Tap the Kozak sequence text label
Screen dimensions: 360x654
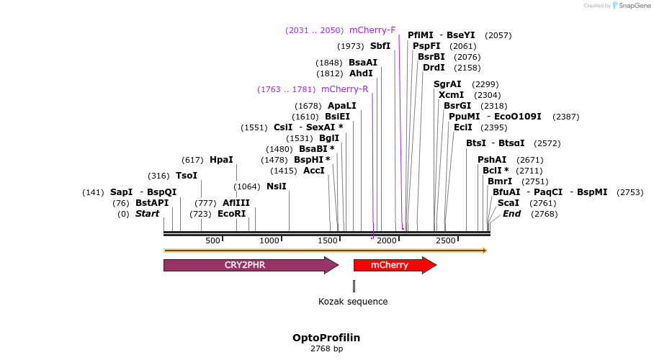coord(353,302)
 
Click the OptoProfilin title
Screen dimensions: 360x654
coord(326,338)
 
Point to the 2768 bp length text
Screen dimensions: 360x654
coord(326,349)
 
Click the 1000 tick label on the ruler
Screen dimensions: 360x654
coord(269,240)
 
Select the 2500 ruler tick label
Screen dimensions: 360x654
coord(446,240)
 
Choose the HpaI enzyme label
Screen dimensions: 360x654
coord(221,160)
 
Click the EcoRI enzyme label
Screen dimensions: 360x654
coord(232,214)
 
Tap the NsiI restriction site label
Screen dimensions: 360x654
coord(277,186)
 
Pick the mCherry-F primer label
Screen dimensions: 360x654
coord(372,30)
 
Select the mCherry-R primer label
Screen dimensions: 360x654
coord(344,89)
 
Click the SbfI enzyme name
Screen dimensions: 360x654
coord(380,46)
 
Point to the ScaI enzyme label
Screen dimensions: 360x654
coord(509,203)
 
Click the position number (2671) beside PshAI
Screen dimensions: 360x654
coord(531,160)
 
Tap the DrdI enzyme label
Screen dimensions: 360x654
coord(434,68)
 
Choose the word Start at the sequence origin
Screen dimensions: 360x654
coord(147,214)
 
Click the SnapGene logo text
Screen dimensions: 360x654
coord(632,6)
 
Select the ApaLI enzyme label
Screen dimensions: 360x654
coord(342,106)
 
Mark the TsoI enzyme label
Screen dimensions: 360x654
coord(187,176)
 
